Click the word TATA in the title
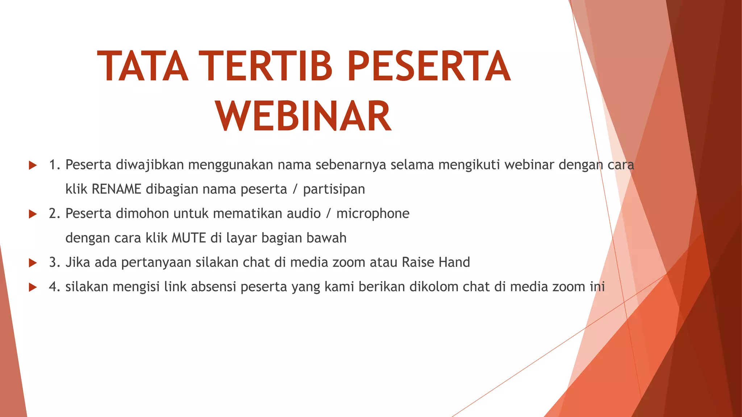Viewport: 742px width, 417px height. point(143,67)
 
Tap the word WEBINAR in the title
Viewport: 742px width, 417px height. point(304,116)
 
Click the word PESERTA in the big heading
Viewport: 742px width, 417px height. point(429,67)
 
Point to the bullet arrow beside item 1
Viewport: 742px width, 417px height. point(33,165)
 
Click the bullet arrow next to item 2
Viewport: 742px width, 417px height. point(33,214)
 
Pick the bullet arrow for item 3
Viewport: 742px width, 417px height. point(33,263)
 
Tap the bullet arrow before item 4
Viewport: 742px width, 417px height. point(33,287)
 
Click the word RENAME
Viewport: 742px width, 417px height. point(116,189)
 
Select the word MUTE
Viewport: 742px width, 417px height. point(188,238)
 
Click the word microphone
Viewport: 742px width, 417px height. point(373,214)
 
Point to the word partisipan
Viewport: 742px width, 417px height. point(334,189)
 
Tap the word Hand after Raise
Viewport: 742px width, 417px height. point(454,262)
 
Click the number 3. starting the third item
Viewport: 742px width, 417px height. point(55,262)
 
